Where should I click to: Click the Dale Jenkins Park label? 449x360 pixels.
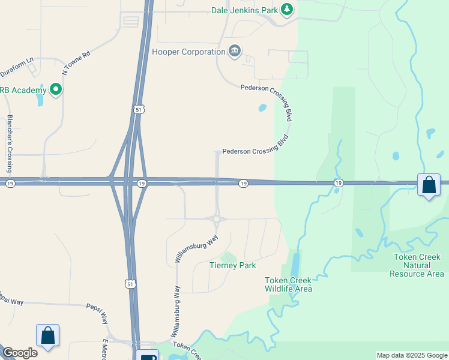pos(244,10)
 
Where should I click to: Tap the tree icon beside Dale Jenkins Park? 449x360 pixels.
pos(288,9)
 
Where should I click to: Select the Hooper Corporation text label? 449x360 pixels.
pos(188,52)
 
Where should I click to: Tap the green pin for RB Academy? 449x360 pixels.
pos(56,90)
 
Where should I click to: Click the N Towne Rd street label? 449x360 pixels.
pos(76,62)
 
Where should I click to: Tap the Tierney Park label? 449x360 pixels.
pos(232,265)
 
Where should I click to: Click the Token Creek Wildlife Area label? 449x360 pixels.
pos(289,284)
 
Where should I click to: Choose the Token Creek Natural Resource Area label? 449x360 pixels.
pos(417,265)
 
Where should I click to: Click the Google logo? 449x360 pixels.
pos(19,353)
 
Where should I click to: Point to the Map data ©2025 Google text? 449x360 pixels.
pos(411,355)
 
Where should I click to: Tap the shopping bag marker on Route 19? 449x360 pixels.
pos(429,185)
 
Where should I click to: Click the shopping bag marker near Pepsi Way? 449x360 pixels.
pos(47,335)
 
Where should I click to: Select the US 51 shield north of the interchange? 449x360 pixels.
pos(139,109)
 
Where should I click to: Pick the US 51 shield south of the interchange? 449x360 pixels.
pos(131,284)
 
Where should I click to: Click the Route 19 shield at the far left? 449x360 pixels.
pos(11,184)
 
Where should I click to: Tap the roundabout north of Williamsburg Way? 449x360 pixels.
pos(217,219)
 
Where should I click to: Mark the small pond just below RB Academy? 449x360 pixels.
pos(40,100)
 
